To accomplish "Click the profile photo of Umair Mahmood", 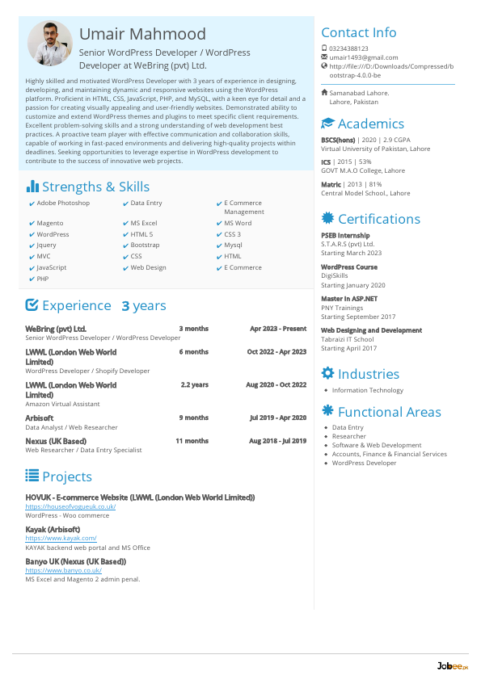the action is tap(50, 44).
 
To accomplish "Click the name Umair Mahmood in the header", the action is tap(142, 35).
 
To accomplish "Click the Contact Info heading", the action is tap(359, 32).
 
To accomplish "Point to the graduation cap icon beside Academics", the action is tap(327, 124).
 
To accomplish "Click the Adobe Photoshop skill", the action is tap(63, 204).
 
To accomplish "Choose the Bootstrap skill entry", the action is tap(145, 245).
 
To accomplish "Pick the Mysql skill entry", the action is tap(233, 245).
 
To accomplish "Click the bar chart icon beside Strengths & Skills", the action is tap(32, 187).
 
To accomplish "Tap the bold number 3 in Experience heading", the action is tap(125, 306).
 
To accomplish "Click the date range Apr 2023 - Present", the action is tap(278, 329).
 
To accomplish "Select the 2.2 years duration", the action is tap(194, 385).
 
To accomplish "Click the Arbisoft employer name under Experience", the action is tap(40, 418).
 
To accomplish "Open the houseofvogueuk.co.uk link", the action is tap(70, 506).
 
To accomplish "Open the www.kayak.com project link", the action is tap(61, 538).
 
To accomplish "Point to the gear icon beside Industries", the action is tap(327, 373).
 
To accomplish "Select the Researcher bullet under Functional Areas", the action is tap(348, 436).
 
